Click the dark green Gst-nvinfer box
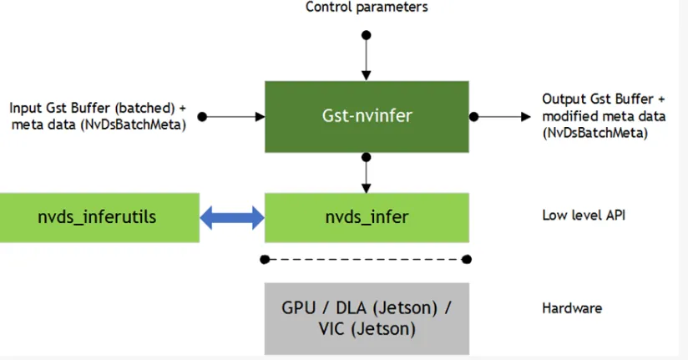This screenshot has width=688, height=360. tap(367, 117)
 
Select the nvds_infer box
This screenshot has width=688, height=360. tap(367, 218)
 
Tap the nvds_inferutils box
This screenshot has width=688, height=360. tap(99, 218)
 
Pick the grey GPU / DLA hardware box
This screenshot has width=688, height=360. tap(367, 318)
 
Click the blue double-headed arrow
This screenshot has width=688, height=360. tap(232, 218)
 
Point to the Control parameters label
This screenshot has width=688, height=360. tap(367, 7)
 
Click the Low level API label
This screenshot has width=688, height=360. tap(584, 215)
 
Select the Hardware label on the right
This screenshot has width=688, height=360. tap(572, 308)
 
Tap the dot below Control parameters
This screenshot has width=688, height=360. tap(367, 35)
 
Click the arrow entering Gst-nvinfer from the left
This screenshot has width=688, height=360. tap(234, 117)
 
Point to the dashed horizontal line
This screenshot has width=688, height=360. tap(366, 260)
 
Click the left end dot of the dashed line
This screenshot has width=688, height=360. tap(265, 260)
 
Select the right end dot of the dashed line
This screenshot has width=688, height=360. tap(467, 260)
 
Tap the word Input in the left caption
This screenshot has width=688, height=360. tap(25, 109)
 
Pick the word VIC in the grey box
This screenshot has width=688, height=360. tap(331, 329)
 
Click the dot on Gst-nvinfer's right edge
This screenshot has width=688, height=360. tap(474, 117)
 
